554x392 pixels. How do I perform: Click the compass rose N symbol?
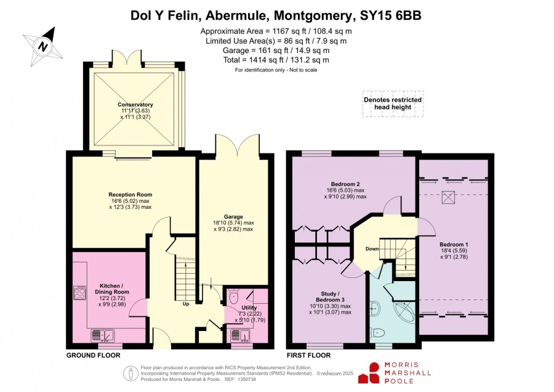[x=42, y=47]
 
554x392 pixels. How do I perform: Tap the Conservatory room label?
[x=135, y=105]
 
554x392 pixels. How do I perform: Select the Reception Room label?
[x=130, y=195]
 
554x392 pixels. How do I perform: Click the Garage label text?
[x=233, y=217]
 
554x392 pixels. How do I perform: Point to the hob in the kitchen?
[x=79, y=293]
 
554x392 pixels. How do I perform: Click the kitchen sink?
[x=102, y=335]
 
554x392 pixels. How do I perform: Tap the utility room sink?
[x=241, y=335]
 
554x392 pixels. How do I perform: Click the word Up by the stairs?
[x=186, y=304]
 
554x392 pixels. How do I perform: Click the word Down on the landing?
[x=372, y=249]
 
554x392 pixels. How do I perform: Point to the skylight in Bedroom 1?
[x=448, y=197]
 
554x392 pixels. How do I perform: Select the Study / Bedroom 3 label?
[x=331, y=297]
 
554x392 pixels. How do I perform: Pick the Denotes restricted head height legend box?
[x=393, y=104]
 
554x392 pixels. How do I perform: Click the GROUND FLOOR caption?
[x=94, y=355]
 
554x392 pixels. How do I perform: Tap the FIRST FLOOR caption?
[x=308, y=355]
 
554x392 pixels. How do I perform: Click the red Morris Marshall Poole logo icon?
[x=369, y=374]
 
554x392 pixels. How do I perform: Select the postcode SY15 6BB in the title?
[x=390, y=15]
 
